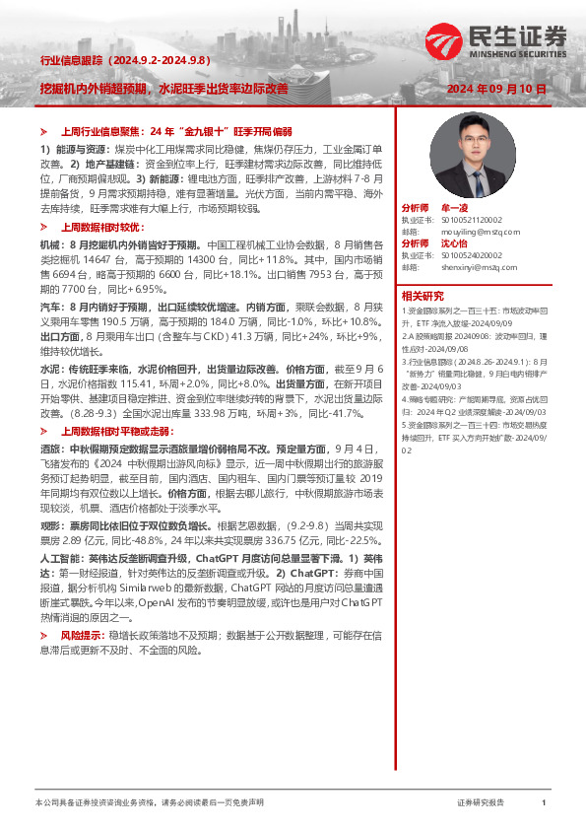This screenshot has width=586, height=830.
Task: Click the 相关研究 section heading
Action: (423, 295)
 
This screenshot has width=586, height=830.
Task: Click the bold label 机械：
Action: (53, 242)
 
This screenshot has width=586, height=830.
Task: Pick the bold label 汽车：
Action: (53, 309)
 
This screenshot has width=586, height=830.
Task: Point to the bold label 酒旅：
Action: (53, 447)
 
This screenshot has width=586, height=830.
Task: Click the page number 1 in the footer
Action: (544, 804)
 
